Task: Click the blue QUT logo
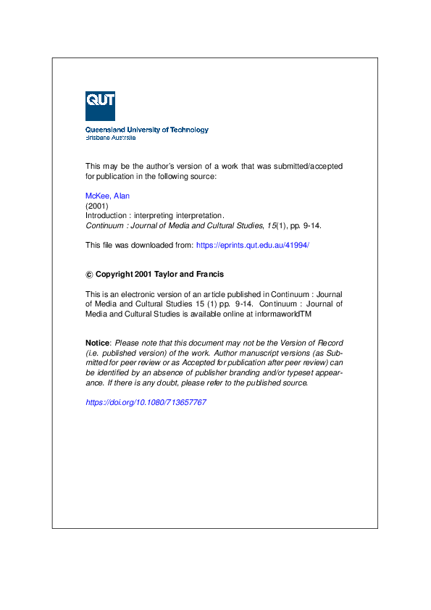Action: (100, 106)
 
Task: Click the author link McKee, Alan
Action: (107, 196)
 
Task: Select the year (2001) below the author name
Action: (97, 206)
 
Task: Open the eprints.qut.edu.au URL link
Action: (253, 245)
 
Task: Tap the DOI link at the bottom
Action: (146, 402)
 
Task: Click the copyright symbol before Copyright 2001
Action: (89, 275)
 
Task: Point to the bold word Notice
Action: (97, 342)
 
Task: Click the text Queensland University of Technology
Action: (146, 130)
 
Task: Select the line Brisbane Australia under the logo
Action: (110, 138)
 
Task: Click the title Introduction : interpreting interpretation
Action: (155, 215)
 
